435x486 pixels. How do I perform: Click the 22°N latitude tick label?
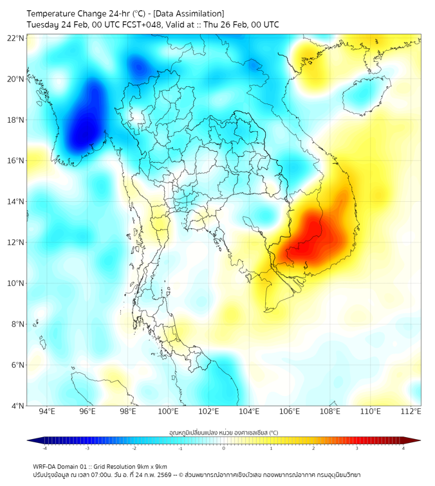16,38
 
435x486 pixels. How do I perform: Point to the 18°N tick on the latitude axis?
16,120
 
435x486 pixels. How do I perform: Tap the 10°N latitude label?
16,283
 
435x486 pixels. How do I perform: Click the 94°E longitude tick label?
47,411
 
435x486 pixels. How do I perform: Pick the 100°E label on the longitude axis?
168,411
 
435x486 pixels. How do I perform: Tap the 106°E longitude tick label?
290,411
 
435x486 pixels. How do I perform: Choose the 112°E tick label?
411,411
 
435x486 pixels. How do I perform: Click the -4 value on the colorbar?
44,448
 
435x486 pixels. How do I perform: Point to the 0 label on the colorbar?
224,448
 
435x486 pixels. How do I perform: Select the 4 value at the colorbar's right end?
403,448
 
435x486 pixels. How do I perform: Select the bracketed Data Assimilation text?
189,14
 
